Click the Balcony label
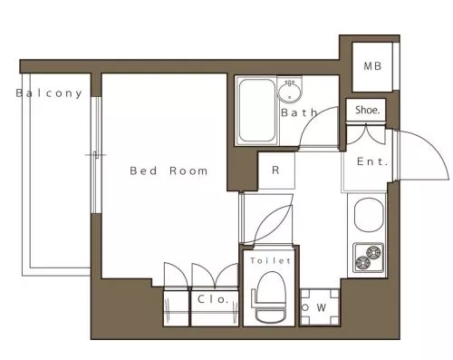point(49,93)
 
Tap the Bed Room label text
point(169,170)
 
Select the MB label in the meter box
point(372,66)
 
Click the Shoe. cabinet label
point(367,110)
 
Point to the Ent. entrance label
point(372,161)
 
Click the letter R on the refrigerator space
point(275,170)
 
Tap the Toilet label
point(270,260)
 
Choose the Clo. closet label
point(212,299)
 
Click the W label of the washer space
point(322,307)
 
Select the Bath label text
point(299,112)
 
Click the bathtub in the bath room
point(256,111)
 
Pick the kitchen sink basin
point(369,215)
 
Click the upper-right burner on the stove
point(374,251)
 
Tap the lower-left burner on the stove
point(363,263)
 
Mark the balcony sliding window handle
point(96,155)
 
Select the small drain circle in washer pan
point(305,307)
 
